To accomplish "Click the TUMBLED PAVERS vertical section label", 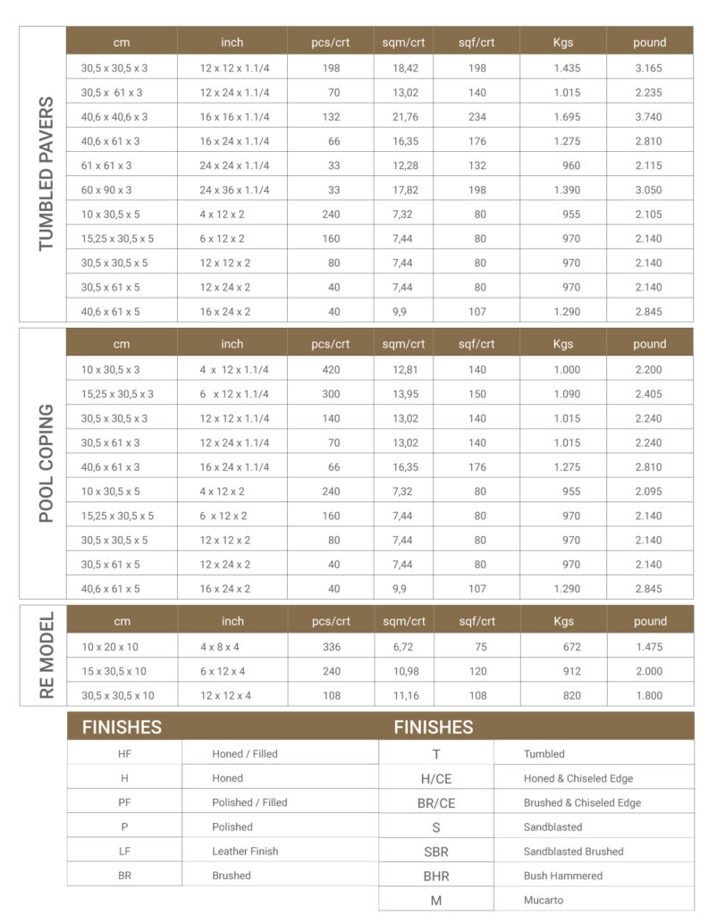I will [x=44, y=174].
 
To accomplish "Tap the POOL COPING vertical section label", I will [x=44, y=463].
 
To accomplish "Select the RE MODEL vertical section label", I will [x=44, y=655].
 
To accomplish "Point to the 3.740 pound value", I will [x=649, y=117].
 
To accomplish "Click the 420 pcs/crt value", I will [x=331, y=370].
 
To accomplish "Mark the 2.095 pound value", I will [x=649, y=491].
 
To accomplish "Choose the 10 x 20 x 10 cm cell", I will [x=110, y=647].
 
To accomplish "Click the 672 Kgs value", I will [x=571, y=647].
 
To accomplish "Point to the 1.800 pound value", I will [x=649, y=696].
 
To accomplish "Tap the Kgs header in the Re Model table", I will [x=562, y=621].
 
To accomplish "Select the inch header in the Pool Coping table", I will [x=232, y=344].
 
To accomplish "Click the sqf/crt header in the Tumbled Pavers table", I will [x=476, y=42].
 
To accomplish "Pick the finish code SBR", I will [x=436, y=852].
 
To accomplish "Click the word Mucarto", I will [x=544, y=901].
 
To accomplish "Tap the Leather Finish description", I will [x=244, y=852].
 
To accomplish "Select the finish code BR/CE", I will [x=436, y=803].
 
